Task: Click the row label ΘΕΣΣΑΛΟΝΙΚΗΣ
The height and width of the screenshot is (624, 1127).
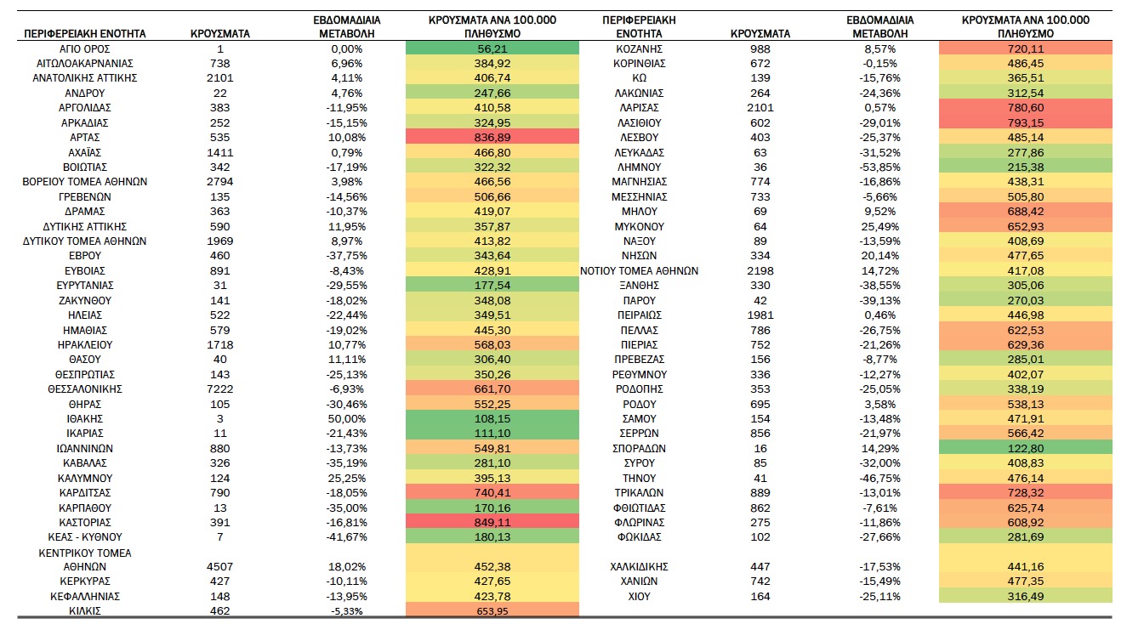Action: (84, 389)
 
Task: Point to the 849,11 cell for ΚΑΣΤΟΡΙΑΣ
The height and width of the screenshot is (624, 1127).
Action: (492, 523)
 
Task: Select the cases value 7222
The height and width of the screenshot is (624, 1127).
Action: (219, 389)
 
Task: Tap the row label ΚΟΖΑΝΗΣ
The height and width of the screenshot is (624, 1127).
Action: (639, 49)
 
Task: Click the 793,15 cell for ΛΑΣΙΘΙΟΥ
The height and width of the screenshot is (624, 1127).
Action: (1026, 122)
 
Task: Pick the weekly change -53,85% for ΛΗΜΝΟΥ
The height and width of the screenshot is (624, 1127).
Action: (879, 167)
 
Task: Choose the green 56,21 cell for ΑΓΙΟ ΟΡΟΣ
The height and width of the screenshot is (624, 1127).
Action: (492, 48)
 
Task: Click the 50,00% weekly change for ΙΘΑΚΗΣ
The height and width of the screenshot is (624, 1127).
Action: (347, 419)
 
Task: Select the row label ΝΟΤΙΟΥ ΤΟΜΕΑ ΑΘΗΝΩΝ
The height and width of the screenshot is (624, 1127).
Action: (639, 271)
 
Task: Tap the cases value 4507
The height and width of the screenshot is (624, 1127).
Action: (219, 567)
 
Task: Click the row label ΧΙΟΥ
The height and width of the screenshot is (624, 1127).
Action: (639, 596)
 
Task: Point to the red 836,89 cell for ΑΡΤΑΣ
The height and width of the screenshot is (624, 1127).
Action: (492, 137)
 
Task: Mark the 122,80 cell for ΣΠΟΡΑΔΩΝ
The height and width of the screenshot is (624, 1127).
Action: (1026, 448)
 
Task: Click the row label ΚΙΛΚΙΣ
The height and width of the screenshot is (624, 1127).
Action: (84, 611)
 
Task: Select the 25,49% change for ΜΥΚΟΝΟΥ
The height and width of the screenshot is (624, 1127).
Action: (879, 226)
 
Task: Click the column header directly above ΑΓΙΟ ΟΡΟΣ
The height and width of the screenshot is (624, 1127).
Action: (84, 34)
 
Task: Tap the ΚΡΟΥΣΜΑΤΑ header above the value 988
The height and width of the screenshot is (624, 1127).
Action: (760, 34)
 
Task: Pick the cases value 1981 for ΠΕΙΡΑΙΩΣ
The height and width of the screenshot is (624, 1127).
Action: (760, 315)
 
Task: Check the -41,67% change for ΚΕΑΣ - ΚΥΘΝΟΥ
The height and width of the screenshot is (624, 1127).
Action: (347, 537)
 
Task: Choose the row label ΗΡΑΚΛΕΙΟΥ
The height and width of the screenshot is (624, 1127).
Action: (84, 345)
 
